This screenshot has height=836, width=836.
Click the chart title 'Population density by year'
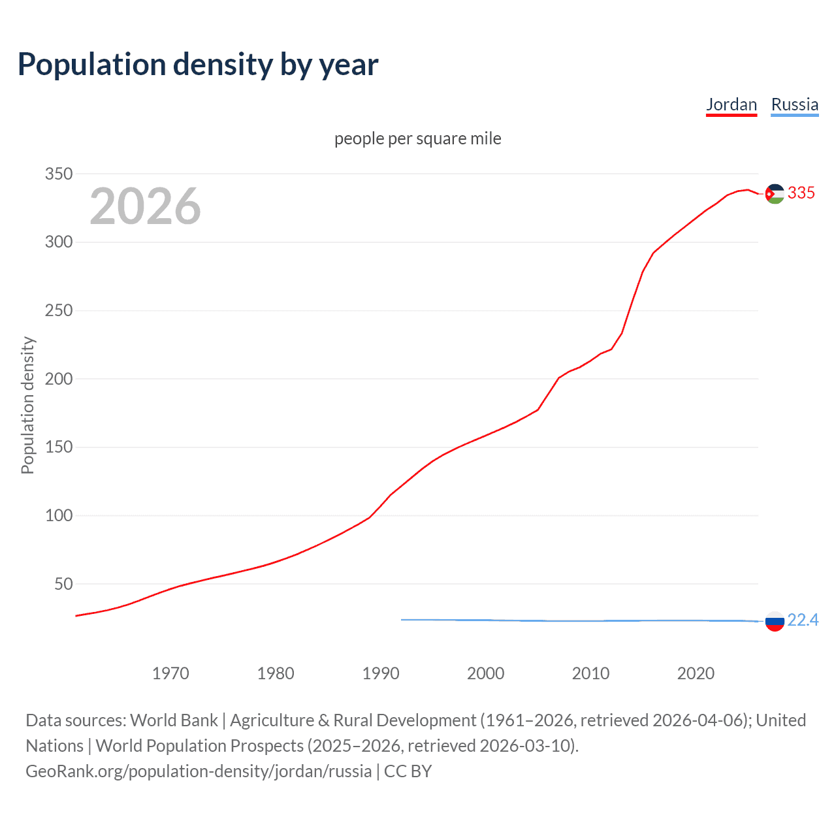point(198,65)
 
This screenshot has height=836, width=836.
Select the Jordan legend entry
point(731,104)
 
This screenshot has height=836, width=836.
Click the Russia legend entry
point(794,104)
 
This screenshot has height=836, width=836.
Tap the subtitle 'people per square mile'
point(417,138)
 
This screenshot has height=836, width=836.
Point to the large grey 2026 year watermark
point(145,206)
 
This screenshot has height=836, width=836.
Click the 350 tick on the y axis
point(58,174)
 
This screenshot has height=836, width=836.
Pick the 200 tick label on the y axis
point(58,379)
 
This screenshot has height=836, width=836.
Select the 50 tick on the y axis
point(63,584)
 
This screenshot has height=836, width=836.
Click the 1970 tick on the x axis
point(170,673)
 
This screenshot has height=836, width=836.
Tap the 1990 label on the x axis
point(381,673)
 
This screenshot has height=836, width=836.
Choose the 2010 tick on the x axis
point(590,673)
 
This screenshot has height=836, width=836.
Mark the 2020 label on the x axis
point(696,673)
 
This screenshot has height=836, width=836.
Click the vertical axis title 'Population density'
point(27,405)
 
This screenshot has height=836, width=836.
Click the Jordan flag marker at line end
point(775,194)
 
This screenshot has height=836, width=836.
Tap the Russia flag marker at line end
point(775,622)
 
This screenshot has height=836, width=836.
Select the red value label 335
point(801,193)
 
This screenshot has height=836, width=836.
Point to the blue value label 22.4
point(803,620)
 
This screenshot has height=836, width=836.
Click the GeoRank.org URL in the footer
point(199,771)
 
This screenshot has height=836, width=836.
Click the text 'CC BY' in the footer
point(408,771)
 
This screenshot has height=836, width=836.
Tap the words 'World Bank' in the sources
point(174,720)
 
